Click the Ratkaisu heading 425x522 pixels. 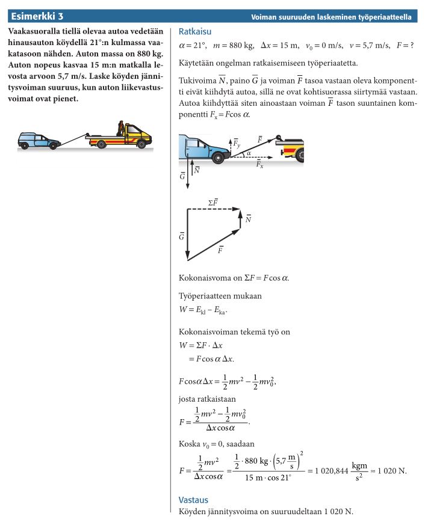pyautogui.click(x=195, y=32)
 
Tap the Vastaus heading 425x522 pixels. pyautogui.click(x=194, y=500)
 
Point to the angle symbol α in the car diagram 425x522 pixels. pyautogui.click(x=248, y=153)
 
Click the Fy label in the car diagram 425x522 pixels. pyautogui.click(x=237, y=143)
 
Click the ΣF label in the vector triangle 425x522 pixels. pyautogui.click(x=212, y=203)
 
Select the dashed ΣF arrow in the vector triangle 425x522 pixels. pyautogui.click(x=214, y=209)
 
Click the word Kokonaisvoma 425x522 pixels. pyautogui.click(x=205, y=278)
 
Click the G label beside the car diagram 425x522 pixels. pyautogui.click(x=182, y=177)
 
